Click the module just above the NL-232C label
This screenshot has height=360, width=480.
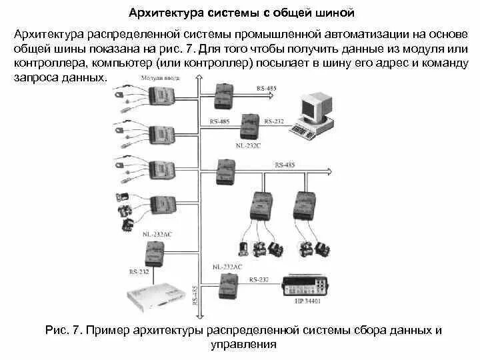pos(251,126)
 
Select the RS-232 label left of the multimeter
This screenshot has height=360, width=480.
pos(259,279)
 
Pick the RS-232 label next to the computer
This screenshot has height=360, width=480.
pos(274,121)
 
